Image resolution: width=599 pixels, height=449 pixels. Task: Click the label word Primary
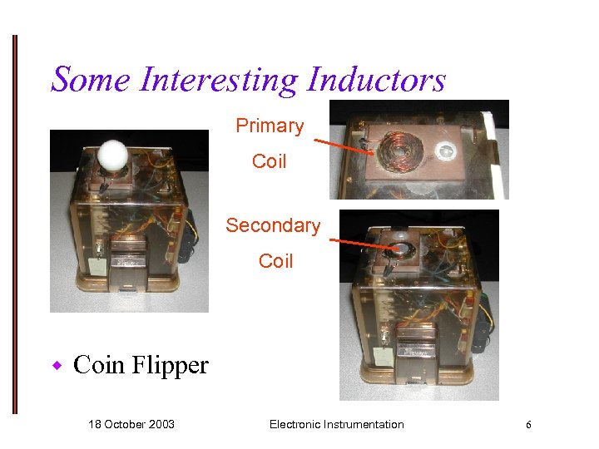click(x=270, y=126)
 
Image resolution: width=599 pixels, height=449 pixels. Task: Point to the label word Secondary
click(x=273, y=225)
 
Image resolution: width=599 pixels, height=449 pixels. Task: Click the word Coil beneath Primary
click(x=270, y=160)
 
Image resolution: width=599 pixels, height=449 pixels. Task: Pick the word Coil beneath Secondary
click(x=275, y=261)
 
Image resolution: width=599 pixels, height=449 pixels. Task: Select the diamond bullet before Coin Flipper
click(x=58, y=366)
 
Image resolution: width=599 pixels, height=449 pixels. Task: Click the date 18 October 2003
click(x=131, y=425)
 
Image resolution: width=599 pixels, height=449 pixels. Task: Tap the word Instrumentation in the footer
click(x=362, y=425)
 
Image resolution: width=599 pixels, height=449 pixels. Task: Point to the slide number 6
click(x=527, y=425)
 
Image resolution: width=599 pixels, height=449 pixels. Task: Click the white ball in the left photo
click(x=111, y=155)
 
